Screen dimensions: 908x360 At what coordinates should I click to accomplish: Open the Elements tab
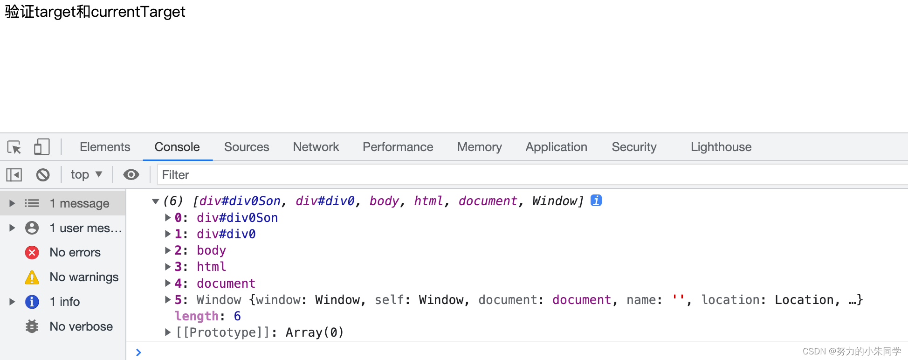tap(105, 147)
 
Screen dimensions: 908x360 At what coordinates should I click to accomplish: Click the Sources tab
tap(247, 147)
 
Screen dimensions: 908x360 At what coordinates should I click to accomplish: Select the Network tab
tap(316, 147)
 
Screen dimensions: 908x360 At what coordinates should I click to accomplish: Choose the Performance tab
tap(398, 147)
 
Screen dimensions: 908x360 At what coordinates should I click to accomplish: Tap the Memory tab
tap(480, 147)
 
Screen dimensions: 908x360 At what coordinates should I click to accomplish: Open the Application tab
tap(557, 147)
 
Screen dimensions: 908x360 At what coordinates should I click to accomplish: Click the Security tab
tap(634, 147)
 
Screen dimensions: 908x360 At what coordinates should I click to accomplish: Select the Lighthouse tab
tap(721, 147)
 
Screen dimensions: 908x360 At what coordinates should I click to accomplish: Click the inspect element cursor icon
tap(14, 147)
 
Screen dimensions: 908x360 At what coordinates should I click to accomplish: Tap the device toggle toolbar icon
tap(41, 147)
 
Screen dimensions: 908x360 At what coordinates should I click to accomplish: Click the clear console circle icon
tap(43, 175)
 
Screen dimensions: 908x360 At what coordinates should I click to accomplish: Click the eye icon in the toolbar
tap(131, 174)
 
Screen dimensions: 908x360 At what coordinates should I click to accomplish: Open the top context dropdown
tap(86, 174)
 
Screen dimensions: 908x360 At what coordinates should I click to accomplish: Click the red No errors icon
tap(32, 252)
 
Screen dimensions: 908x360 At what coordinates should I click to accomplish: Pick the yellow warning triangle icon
tap(32, 277)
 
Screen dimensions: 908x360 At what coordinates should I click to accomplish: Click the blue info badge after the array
tap(596, 200)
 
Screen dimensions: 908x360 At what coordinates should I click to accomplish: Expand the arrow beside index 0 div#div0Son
tap(168, 218)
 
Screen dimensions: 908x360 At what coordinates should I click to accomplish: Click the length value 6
tap(237, 316)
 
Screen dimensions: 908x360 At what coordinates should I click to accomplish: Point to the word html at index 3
tap(211, 267)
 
